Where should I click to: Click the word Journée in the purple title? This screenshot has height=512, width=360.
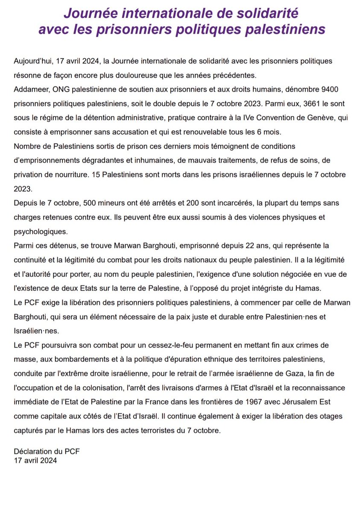tap(90, 14)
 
